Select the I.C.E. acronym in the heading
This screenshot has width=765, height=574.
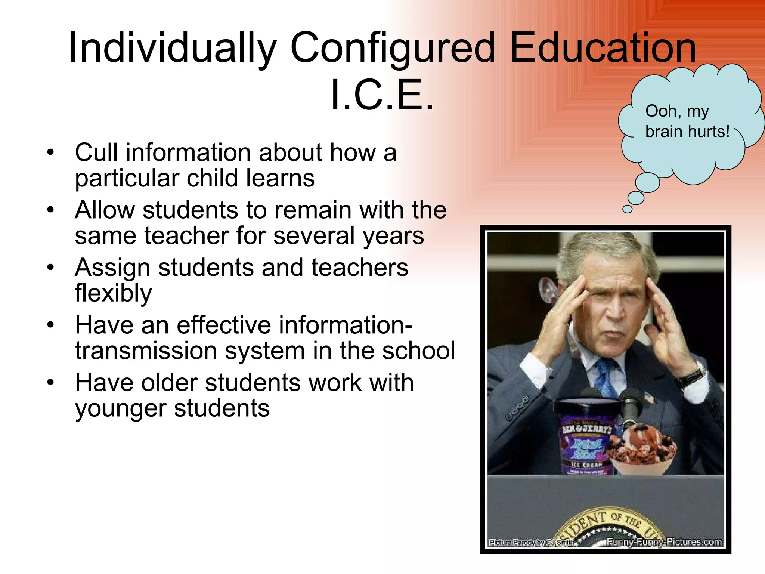[382, 95]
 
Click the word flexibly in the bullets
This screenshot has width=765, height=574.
[113, 293]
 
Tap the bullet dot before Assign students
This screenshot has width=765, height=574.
[51, 268]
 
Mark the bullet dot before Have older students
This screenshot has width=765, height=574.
[51, 383]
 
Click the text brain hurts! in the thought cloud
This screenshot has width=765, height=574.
[687, 132]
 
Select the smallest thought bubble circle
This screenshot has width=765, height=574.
[628, 209]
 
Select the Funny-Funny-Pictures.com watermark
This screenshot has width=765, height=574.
[664, 542]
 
